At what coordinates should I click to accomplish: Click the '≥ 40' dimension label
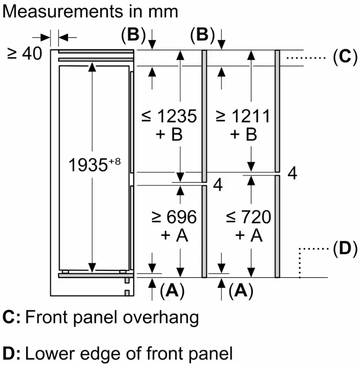click(x=24, y=54)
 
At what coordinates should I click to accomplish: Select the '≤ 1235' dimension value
click(x=169, y=116)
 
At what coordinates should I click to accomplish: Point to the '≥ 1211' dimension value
click(x=243, y=116)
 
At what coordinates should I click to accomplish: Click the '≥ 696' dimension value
click(x=174, y=217)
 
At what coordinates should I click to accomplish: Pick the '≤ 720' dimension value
click(x=248, y=217)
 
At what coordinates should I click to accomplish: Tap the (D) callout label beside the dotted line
click(x=344, y=250)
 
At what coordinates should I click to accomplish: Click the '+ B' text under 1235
click(x=170, y=134)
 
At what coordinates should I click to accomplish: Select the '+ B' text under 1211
click(x=244, y=134)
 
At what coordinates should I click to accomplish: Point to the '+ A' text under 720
click(x=249, y=235)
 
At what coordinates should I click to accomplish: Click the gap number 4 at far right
click(x=292, y=173)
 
